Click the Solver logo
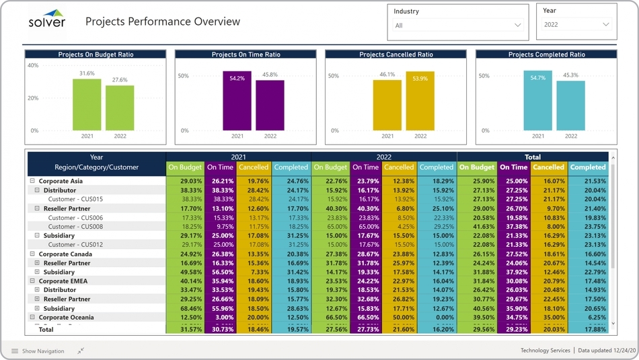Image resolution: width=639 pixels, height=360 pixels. click(46, 20)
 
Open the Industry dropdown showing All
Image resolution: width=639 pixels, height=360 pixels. click(458, 26)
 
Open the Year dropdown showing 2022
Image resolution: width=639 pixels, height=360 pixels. click(577, 24)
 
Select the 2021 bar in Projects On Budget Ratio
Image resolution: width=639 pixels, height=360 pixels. click(87, 105)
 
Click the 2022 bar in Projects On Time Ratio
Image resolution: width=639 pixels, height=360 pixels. click(270, 106)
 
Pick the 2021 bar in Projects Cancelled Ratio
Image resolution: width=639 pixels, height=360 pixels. click(387, 105)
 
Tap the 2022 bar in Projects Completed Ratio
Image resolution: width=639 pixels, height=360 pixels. click(570, 106)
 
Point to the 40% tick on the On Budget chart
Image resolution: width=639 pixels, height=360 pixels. click(33, 66)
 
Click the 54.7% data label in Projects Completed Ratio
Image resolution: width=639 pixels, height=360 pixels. click(537, 78)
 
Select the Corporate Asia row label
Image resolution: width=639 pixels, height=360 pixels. click(61, 181)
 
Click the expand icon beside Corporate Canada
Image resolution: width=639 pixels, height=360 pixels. click(32, 254)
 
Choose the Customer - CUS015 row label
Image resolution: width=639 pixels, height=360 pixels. click(75, 199)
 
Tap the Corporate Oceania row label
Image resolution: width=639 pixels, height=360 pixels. click(65, 318)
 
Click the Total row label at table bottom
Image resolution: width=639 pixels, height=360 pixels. click(46, 330)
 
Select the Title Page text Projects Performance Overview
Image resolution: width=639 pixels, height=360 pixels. click(162, 22)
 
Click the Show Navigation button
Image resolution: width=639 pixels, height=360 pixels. click(38, 351)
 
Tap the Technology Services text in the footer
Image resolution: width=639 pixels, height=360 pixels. click(544, 351)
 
